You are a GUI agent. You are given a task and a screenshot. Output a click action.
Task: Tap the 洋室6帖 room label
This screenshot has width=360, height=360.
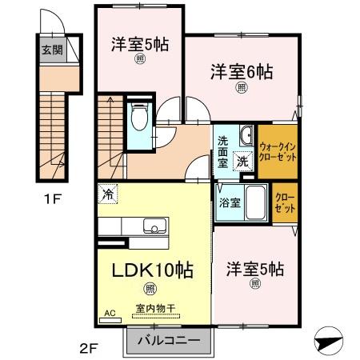(x=242, y=71)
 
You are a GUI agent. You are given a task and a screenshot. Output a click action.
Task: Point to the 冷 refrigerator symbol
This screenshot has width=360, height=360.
(x=107, y=193)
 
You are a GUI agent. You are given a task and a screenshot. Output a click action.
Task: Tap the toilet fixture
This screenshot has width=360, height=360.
(x=138, y=118)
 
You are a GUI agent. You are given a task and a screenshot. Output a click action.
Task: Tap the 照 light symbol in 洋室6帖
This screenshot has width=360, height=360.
(x=242, y=89)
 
